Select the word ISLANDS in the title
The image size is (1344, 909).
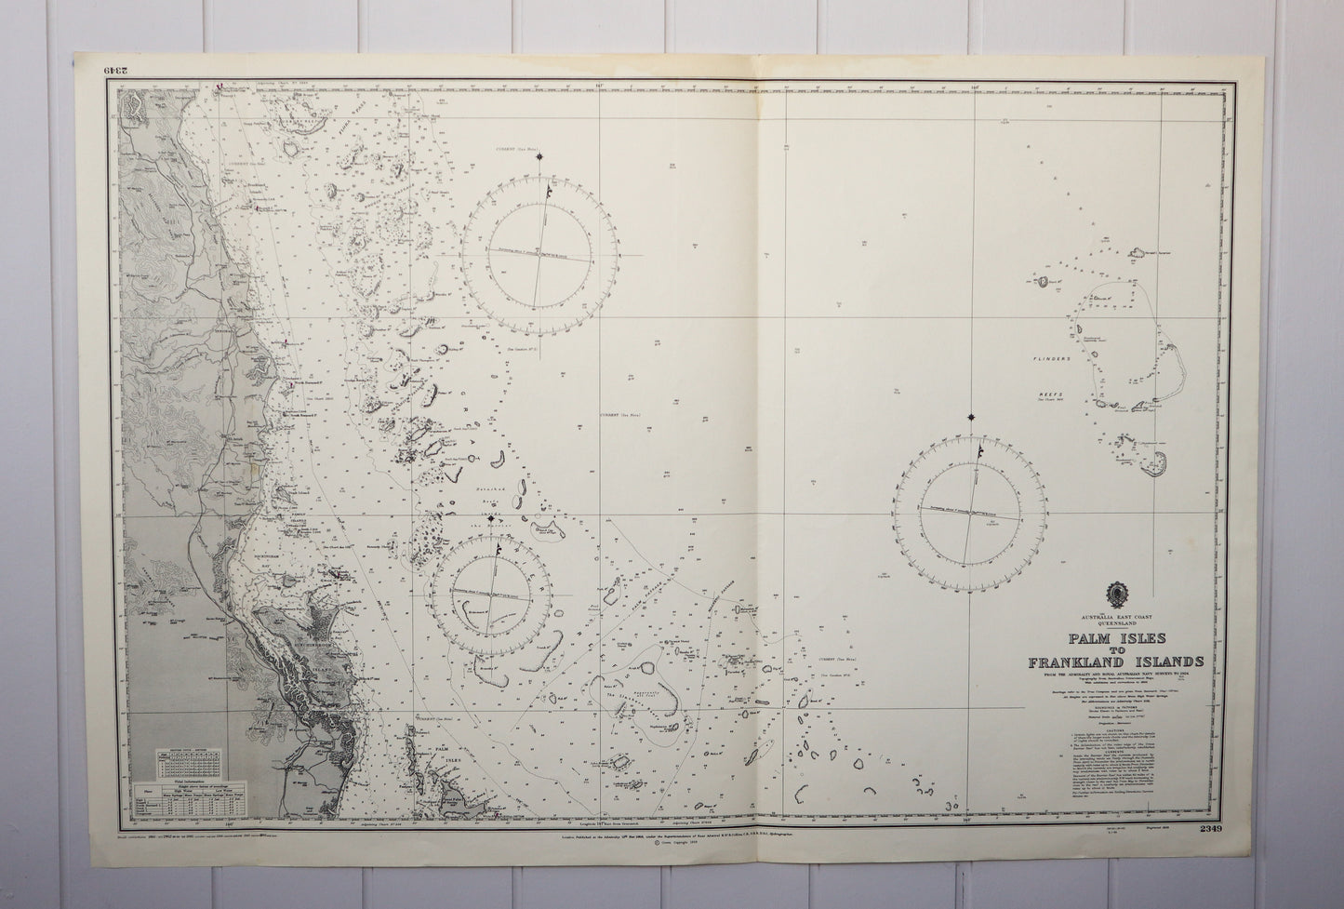pyautogui.click(x=1166, y=662)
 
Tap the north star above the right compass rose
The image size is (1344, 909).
pyautogui.click(x=972, y=417)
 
